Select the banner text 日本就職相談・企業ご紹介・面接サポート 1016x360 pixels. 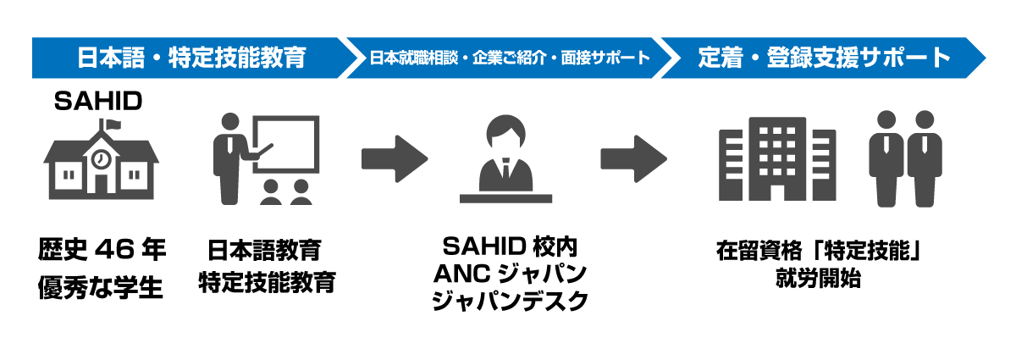(510, 58)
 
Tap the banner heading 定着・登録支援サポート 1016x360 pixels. (825, 58)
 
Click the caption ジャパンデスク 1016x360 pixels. (509, 300)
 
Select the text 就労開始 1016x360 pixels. (818, 278)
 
